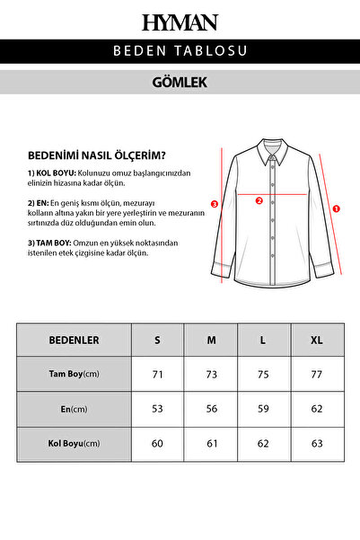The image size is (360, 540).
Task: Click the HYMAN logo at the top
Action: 180,22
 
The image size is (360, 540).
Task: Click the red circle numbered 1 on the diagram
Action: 336,208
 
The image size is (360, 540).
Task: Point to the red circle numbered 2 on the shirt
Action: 259,200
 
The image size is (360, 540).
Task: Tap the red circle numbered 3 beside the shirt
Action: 214,204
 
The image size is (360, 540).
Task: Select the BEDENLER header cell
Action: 74,341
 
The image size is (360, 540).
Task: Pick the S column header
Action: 158,341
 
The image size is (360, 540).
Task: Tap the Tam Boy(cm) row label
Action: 74,374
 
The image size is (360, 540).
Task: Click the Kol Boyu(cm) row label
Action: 74,443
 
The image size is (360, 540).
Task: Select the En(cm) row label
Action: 74,409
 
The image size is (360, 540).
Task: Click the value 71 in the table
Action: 158,374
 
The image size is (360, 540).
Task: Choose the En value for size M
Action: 211,409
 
